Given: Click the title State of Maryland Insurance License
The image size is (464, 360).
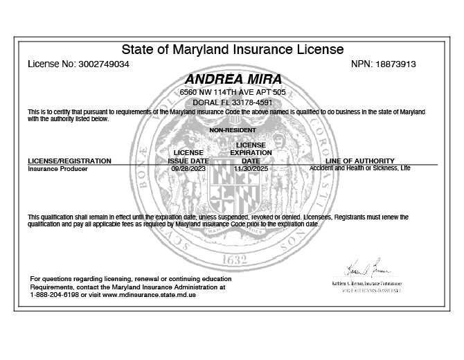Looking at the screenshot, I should (232, 49).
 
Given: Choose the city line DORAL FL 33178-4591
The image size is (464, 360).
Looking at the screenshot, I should (232, 102).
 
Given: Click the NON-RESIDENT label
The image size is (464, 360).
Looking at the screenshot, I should (232, 130).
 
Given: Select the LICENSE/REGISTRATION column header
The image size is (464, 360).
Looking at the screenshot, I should (69, 161).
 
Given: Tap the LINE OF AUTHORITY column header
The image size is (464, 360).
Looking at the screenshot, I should (364, 161).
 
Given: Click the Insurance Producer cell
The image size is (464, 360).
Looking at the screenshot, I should (57, 168).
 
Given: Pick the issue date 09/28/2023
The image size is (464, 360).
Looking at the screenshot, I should (188, 168).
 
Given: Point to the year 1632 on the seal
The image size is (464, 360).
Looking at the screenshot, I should (233, 261).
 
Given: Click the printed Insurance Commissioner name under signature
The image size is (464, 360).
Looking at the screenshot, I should (366, 284).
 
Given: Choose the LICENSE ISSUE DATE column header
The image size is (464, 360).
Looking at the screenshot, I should (188, 156).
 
